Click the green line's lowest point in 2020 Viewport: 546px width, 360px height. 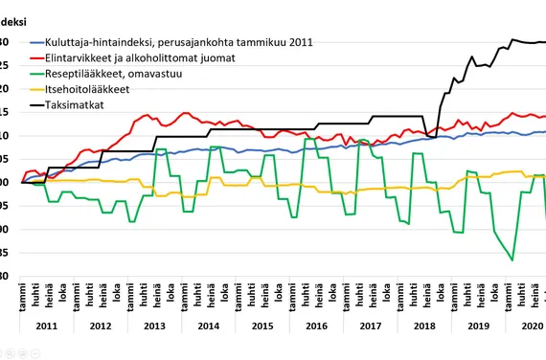coord(512,259)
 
